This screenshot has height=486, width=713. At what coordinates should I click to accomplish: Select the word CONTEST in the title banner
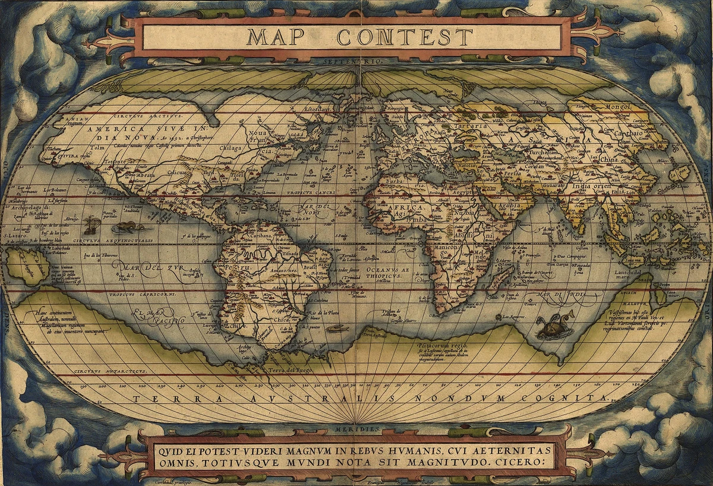point(405,37)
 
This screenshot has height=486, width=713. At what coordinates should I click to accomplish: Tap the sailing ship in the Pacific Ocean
point(91,225)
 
